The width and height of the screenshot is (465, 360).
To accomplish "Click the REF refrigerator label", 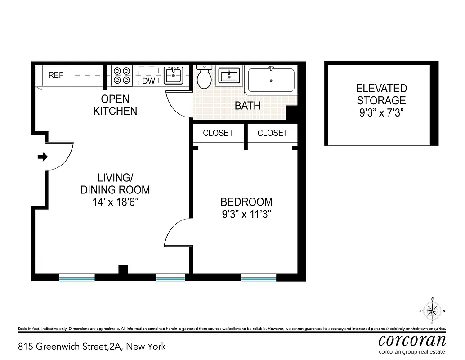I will point(56,76).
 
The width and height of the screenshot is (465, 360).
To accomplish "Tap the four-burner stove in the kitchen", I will point(122,76).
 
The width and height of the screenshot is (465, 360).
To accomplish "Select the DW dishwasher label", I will point(148,81).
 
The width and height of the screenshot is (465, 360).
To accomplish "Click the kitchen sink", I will point(173,75).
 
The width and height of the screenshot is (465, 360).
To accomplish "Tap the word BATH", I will point(247,106).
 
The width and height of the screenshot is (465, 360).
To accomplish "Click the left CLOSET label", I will point(218,133).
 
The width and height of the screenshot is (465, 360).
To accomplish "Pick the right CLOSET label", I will point(273,133).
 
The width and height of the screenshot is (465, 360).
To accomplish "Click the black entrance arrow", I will point(42,157).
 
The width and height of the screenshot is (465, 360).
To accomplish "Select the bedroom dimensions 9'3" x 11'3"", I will point(246,214).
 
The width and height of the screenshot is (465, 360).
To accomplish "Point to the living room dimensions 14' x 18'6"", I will point(115,202).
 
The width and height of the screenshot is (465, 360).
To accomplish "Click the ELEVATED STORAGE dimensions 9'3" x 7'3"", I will point(381,112).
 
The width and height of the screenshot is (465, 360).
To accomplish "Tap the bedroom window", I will point(258,278).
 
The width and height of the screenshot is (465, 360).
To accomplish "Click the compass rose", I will point(432,310).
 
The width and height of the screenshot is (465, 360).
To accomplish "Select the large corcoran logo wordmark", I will point(412,339).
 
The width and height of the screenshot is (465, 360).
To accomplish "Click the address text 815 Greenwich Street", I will point(92,346).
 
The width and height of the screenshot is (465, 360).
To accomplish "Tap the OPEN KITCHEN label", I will point(115,105).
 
